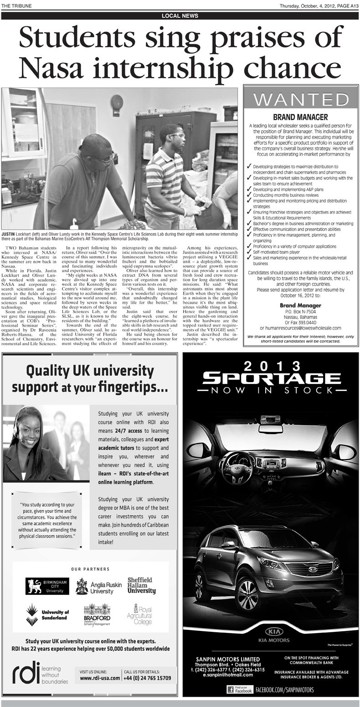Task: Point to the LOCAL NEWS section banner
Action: point(180,16)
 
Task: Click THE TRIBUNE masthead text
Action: point(16,5)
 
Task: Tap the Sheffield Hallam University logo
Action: point(141,585)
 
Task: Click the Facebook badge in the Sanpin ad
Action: point(240,690)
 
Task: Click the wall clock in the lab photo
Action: point(117,99)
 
